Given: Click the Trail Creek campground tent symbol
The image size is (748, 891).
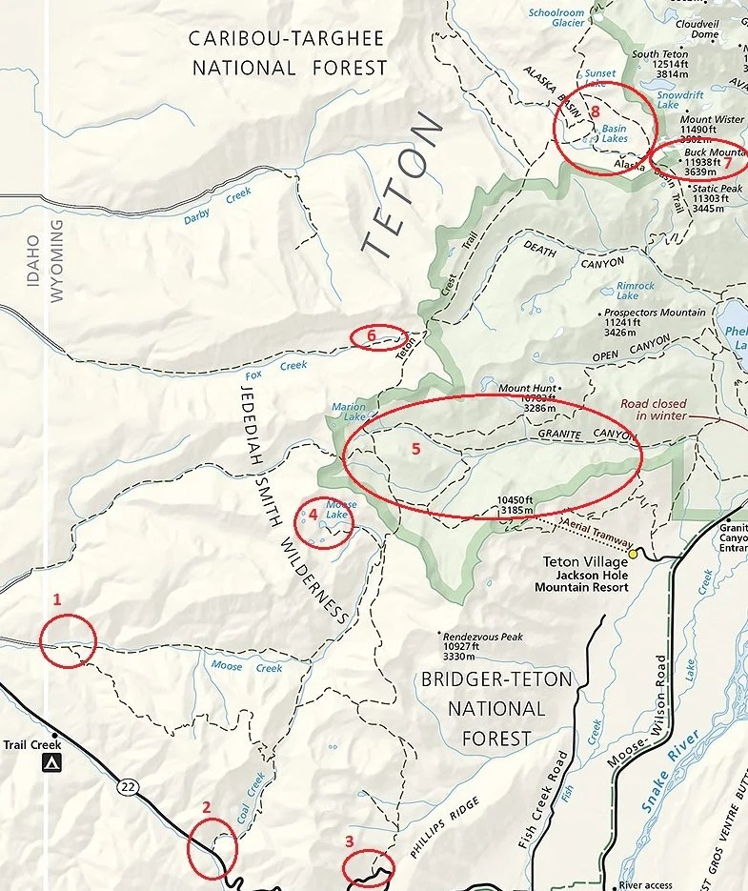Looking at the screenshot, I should point(48,763).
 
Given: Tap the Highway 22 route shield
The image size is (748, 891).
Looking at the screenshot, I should point(127,786).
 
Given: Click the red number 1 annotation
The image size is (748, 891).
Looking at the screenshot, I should point(57,599).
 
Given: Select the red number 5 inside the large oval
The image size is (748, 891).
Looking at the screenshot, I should point(414,449).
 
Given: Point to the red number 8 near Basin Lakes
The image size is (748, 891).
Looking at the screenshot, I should point(595,111).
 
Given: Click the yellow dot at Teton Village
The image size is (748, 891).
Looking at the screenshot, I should point(632,553).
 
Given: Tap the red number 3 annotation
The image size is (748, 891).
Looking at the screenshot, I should point(350,840).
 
